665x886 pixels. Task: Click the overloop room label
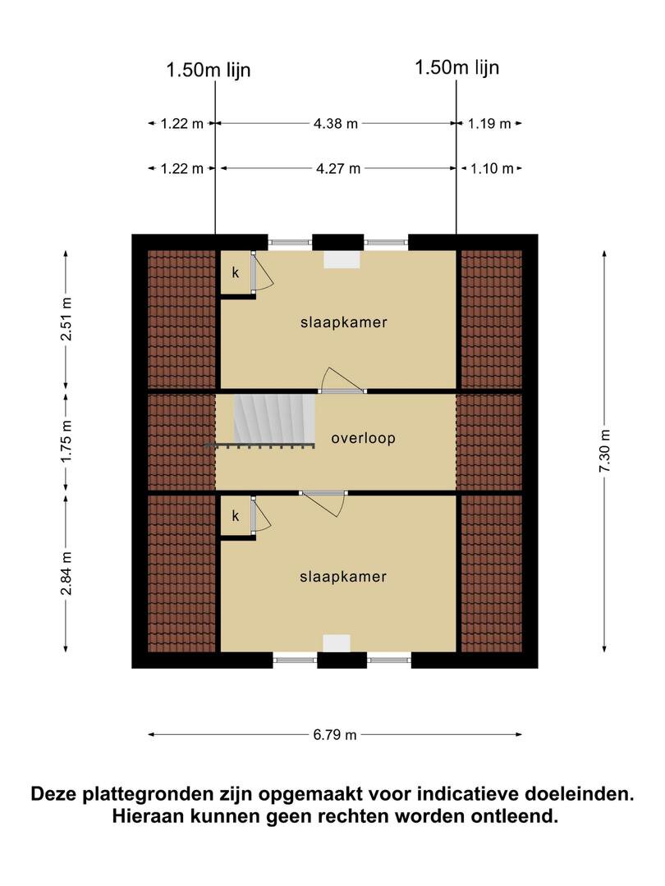(363, 438)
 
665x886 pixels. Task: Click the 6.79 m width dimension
(335, 734)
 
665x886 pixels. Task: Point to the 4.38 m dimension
(336, 123)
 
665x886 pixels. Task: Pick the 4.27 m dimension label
(338, 168)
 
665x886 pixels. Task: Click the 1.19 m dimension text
(489, 123)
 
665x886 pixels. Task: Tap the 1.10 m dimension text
(492, 168)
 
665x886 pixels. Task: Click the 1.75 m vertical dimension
(66, 441)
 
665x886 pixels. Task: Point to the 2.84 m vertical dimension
(66, 573)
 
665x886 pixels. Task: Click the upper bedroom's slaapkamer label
(344, 322)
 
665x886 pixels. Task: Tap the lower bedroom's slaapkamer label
(343, 577)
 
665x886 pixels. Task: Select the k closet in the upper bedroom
(236, 272)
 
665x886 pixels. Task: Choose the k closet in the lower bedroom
(236, 515)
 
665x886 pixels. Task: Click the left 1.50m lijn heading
(208, 70)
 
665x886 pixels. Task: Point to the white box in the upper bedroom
(342, 259)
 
